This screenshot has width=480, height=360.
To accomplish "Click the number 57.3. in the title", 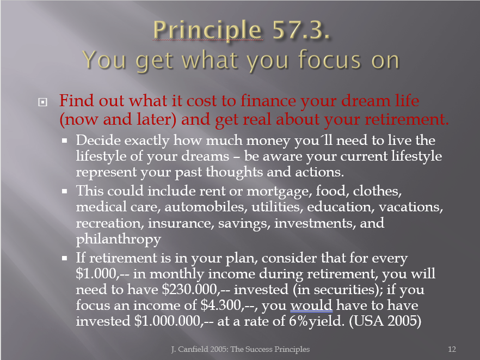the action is (301, 30).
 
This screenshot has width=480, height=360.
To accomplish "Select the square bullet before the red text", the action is (42, 102).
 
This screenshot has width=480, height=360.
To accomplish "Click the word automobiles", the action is (206, 207).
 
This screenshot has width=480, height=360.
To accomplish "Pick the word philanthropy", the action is (119, 239).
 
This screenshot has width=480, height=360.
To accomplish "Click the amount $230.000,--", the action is (196, 290).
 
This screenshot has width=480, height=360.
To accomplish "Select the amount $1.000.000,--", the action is (174, 321).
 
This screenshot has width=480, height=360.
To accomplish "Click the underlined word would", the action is (311, 306).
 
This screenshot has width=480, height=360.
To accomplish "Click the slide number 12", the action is (452, 349).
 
